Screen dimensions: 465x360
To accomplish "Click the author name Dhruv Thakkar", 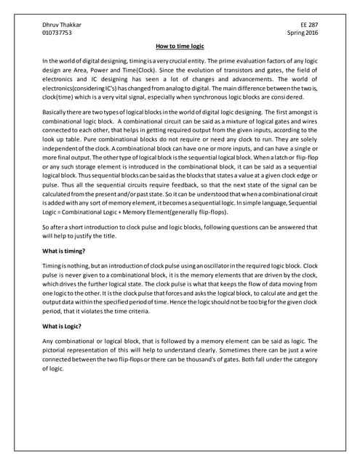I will pos(62,24).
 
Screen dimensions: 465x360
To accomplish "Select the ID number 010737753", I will pos(57,33).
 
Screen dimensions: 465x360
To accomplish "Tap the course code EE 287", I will pos(308,24).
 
